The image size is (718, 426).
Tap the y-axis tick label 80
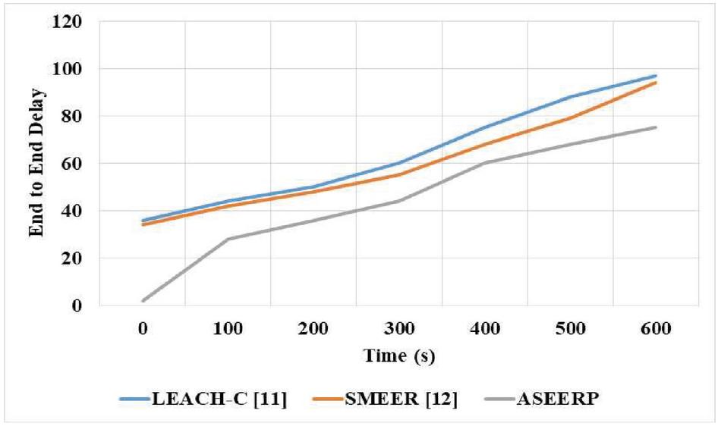(x=72, y=116)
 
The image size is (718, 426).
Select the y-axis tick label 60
(x=72, y=164)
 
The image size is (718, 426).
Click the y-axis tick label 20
(x=72, y=258)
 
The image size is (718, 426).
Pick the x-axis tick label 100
(x=228, y=330)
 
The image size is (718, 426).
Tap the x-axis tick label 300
(x=399, y=330)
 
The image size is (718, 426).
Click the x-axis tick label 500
(x=570, y=330)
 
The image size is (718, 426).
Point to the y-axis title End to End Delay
(x=37, y=163)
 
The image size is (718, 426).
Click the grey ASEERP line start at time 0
(x=143, y=301)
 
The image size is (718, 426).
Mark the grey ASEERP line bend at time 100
(x=228, y=239)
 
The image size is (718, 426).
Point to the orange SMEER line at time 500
(x=570, y=117)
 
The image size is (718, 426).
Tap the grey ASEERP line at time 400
(x=484, y=163)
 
